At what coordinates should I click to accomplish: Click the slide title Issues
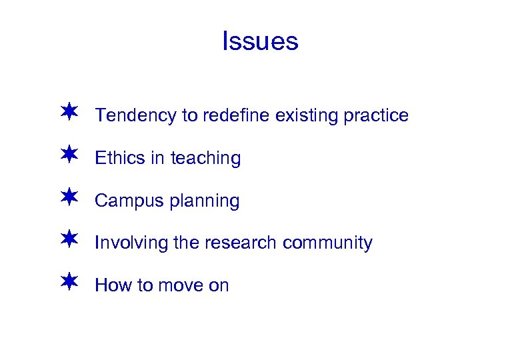point(260,41)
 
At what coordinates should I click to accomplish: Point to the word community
point(327,243)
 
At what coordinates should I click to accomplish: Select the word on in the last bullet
point(219,285)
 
